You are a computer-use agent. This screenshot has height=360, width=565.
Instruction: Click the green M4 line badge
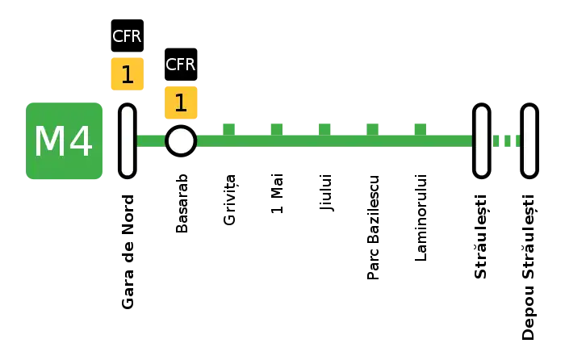tap(64, 141)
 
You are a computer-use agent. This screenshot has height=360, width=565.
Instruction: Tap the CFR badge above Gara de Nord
tap(128, 36)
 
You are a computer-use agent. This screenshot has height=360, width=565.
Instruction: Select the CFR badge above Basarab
tap(181, 64)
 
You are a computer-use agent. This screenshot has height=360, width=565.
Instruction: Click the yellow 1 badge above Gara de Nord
tap(128, 74)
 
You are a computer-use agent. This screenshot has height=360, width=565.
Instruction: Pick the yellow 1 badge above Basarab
tap(181, 103)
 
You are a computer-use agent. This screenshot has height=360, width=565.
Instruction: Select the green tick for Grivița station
tap(228, 129)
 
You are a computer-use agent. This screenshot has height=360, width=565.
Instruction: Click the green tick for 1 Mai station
tap(277, 129)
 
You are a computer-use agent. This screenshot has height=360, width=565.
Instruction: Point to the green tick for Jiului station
tap(324, 129)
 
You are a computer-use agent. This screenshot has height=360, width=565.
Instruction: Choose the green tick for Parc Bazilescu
tap(373, 129)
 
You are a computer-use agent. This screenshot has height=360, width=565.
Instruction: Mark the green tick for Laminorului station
tap(421, 129)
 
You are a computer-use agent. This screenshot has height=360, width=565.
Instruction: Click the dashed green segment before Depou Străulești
tap(507, 141)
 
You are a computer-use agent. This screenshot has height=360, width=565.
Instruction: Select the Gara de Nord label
tap(128, 252)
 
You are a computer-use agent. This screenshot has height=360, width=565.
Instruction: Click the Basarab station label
tap(182, 203)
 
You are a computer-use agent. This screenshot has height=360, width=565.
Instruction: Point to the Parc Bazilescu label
tap(373, 228)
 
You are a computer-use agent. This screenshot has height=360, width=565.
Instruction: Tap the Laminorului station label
tap(421, 218)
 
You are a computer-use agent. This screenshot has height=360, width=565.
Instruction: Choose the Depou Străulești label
tap(529, 267)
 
